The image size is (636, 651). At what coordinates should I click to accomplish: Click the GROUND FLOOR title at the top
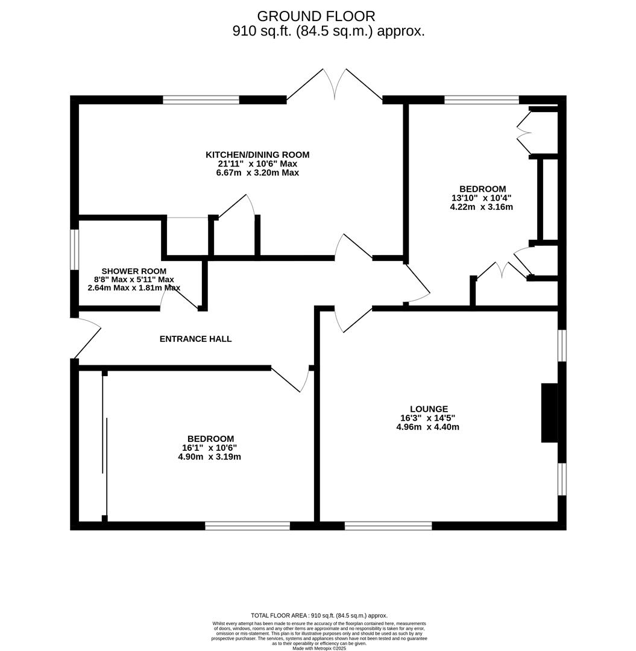tap(316, 16)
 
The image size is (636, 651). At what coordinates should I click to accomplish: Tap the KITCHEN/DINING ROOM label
tap(257, 155)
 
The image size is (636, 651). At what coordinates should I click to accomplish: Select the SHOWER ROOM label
tap(134, 271)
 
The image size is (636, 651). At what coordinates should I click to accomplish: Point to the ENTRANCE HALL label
tap(195, 339)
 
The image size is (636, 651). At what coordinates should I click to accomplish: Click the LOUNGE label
tap(429, 409)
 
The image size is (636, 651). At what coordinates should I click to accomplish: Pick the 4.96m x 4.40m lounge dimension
tap(427, 427)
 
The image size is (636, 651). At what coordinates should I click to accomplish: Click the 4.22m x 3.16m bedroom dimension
tap(481, 207)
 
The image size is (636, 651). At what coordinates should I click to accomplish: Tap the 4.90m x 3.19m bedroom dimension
tap(209, 457)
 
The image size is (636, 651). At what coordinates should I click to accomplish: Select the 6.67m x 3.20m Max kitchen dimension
tap(257, 173)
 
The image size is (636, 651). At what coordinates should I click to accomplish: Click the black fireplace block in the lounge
tap(549, 413)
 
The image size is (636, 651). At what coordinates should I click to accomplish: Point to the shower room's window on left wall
tap(75, 250)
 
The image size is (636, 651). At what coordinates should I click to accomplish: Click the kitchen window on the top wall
tap(201, 100)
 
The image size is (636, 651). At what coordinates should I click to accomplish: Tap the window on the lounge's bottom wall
tap(388, 526)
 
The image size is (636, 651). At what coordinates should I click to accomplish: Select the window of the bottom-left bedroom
tap(247, 526)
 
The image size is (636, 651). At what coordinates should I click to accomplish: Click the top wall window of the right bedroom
tap(481, 100)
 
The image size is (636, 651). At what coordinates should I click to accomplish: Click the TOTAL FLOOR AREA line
tap(319, 615)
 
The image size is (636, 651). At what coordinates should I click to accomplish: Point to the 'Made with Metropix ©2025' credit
tap(319, 648)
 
